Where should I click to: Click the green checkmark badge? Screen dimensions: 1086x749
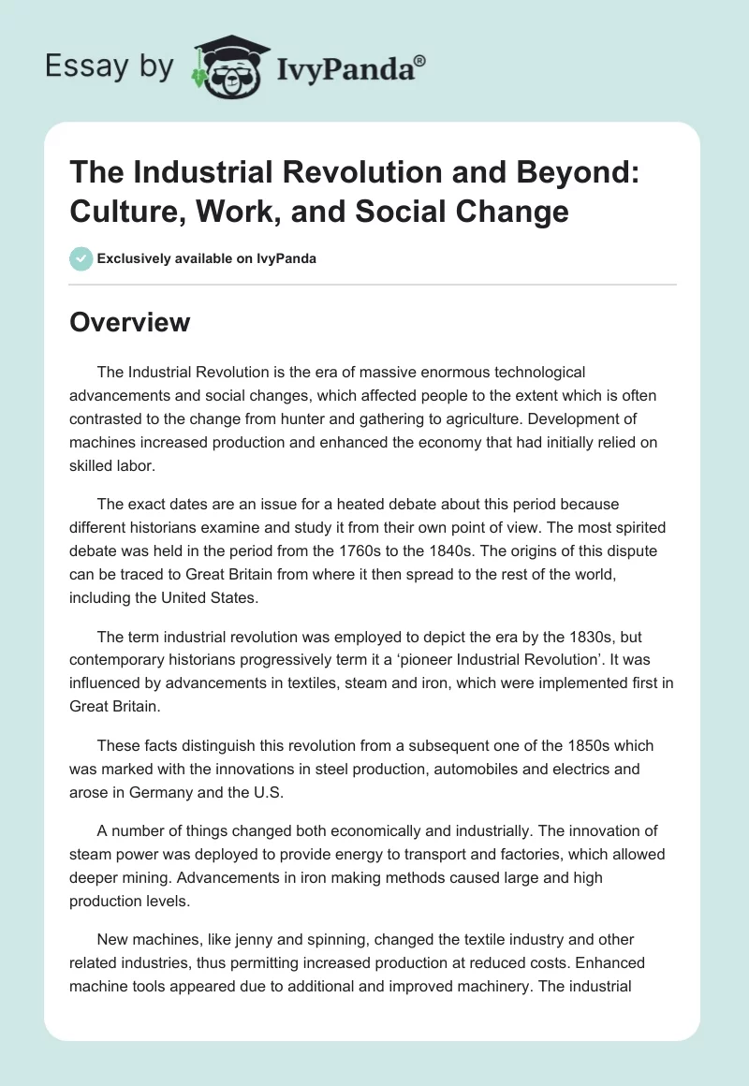tap(81, 258)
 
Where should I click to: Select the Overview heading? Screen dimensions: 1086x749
tap(130, 322)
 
